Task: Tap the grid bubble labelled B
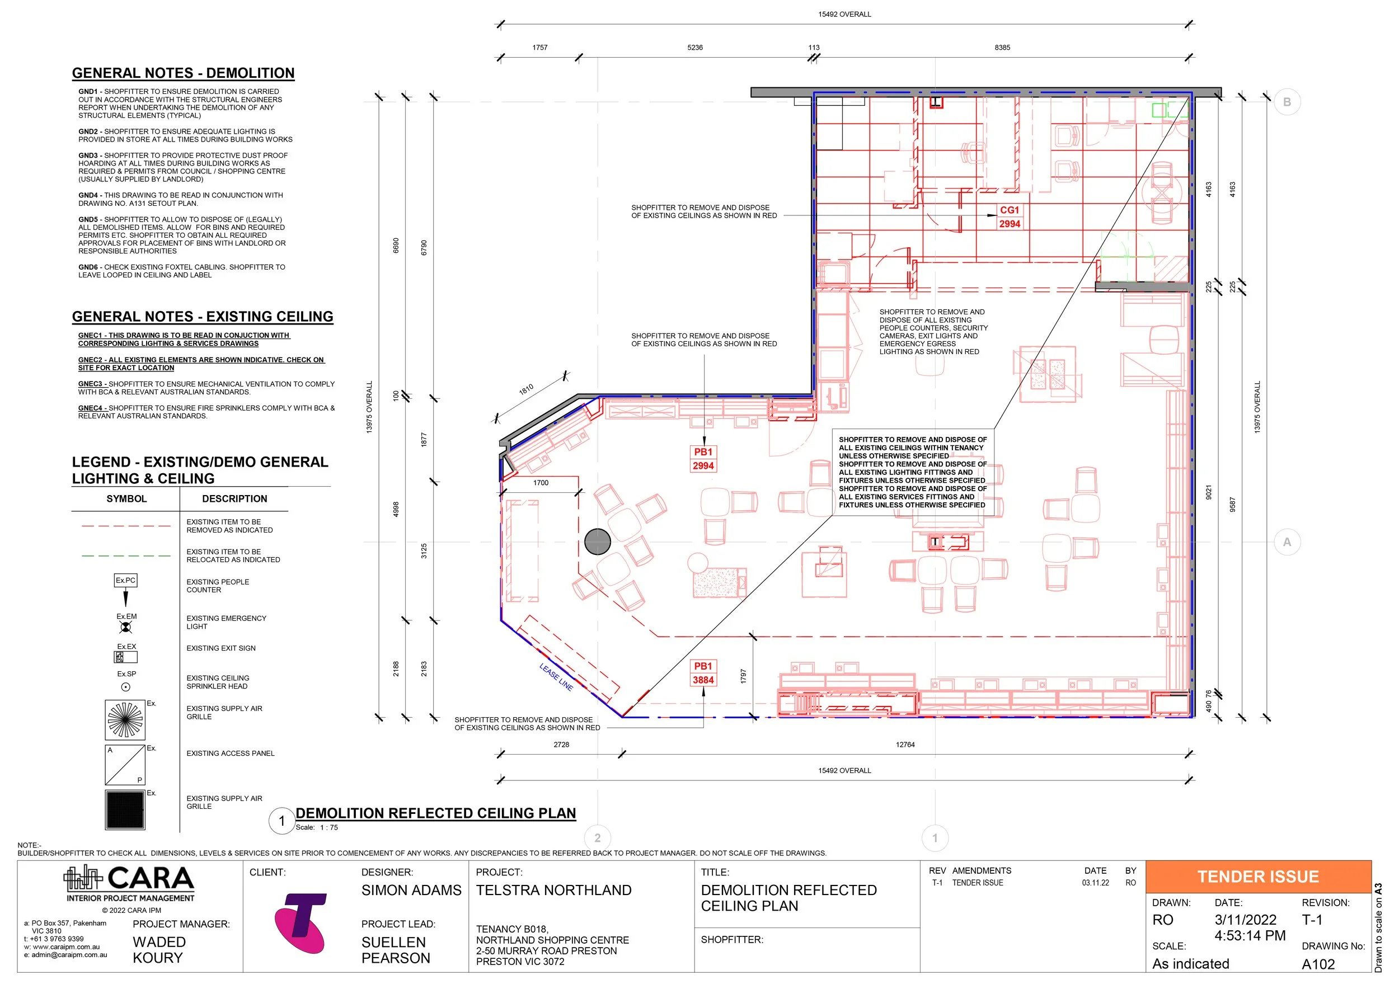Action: coord(1287,102)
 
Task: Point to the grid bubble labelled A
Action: coord(1287,542)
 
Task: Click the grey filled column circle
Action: coord(597,541)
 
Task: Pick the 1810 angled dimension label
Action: coord(526,389)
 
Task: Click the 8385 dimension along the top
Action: coord(1002,48)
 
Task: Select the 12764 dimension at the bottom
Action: coord(905,745)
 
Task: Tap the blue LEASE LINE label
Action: coord(556,677)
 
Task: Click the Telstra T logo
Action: coord(300,923)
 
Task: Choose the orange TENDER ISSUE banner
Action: coord(1257,877)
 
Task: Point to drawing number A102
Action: coord(1318,964)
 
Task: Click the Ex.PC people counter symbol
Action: coord(126,589)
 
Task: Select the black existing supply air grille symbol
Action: coord(125,810)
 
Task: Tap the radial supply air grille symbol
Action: coord(125,720)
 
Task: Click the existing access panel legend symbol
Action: coord(125,765)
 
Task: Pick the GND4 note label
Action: coord(89,195)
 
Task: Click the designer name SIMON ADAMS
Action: coord(411,891)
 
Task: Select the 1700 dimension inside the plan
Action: coord(541,483)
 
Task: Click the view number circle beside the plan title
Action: coord(281,821)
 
